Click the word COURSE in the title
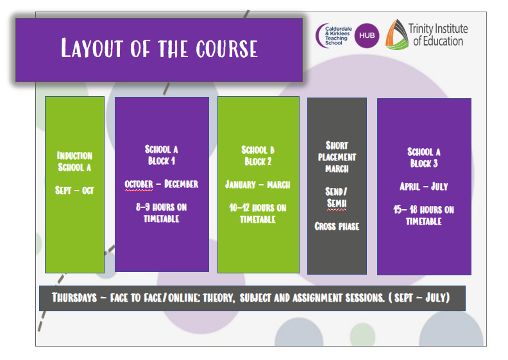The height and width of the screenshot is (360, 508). pos(227,49)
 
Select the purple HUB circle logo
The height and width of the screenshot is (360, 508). pos(367,36)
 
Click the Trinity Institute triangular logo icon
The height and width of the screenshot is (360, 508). pos(396,35)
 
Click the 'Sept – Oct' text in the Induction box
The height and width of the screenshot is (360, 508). pos(74,190)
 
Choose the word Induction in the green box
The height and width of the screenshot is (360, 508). pos(74,155)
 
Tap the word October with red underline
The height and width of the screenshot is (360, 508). pos(139,184)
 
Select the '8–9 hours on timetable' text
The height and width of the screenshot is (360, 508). pos(162,213)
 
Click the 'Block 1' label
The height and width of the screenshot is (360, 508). pos(162,160)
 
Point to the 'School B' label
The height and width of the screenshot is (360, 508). pos(258,150)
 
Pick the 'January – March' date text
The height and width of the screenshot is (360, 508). pos(258,185)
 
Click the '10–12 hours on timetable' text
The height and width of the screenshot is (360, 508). pos(258,214)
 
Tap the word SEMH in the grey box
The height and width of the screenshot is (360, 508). pos(337,203)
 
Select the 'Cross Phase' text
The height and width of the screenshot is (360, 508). pos(337,226)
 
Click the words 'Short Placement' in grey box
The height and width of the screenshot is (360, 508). pos(337,151)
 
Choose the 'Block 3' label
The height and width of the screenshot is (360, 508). pos(424,163)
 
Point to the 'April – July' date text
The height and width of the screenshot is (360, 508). pos(424,186)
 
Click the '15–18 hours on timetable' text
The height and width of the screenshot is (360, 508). pos(424,216)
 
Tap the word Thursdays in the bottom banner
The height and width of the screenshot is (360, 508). pos(74,298)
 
